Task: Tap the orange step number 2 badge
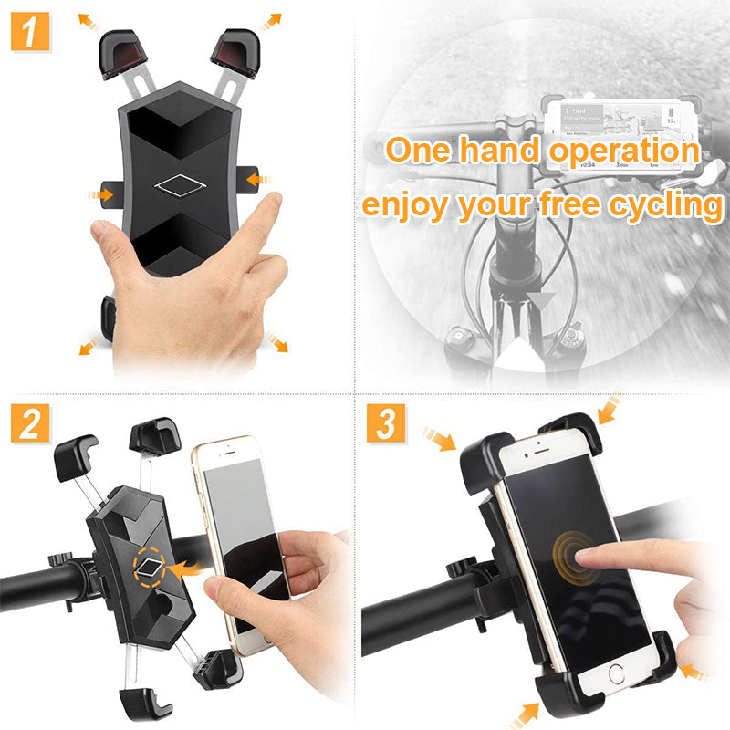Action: tap(31, 423)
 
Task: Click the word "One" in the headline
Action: tap(422, 150)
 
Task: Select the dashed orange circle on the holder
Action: tap(151, 568)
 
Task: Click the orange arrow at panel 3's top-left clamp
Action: tap(440, 440)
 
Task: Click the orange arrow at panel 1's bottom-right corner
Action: tap(276, 343)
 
